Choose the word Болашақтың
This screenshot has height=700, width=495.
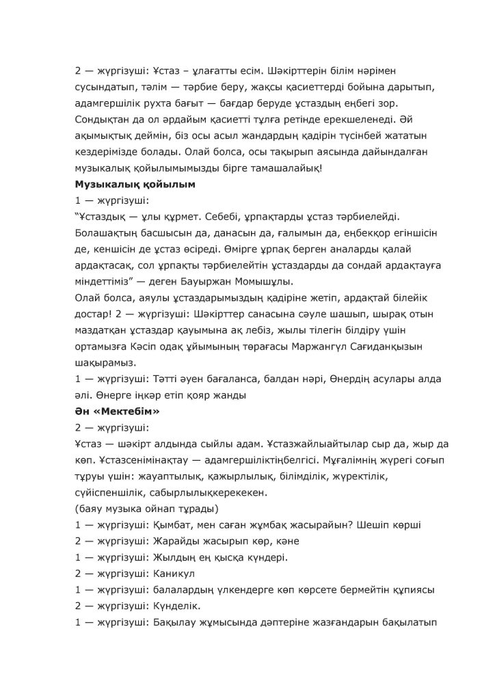pyautogui.click(x=107, y=232)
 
